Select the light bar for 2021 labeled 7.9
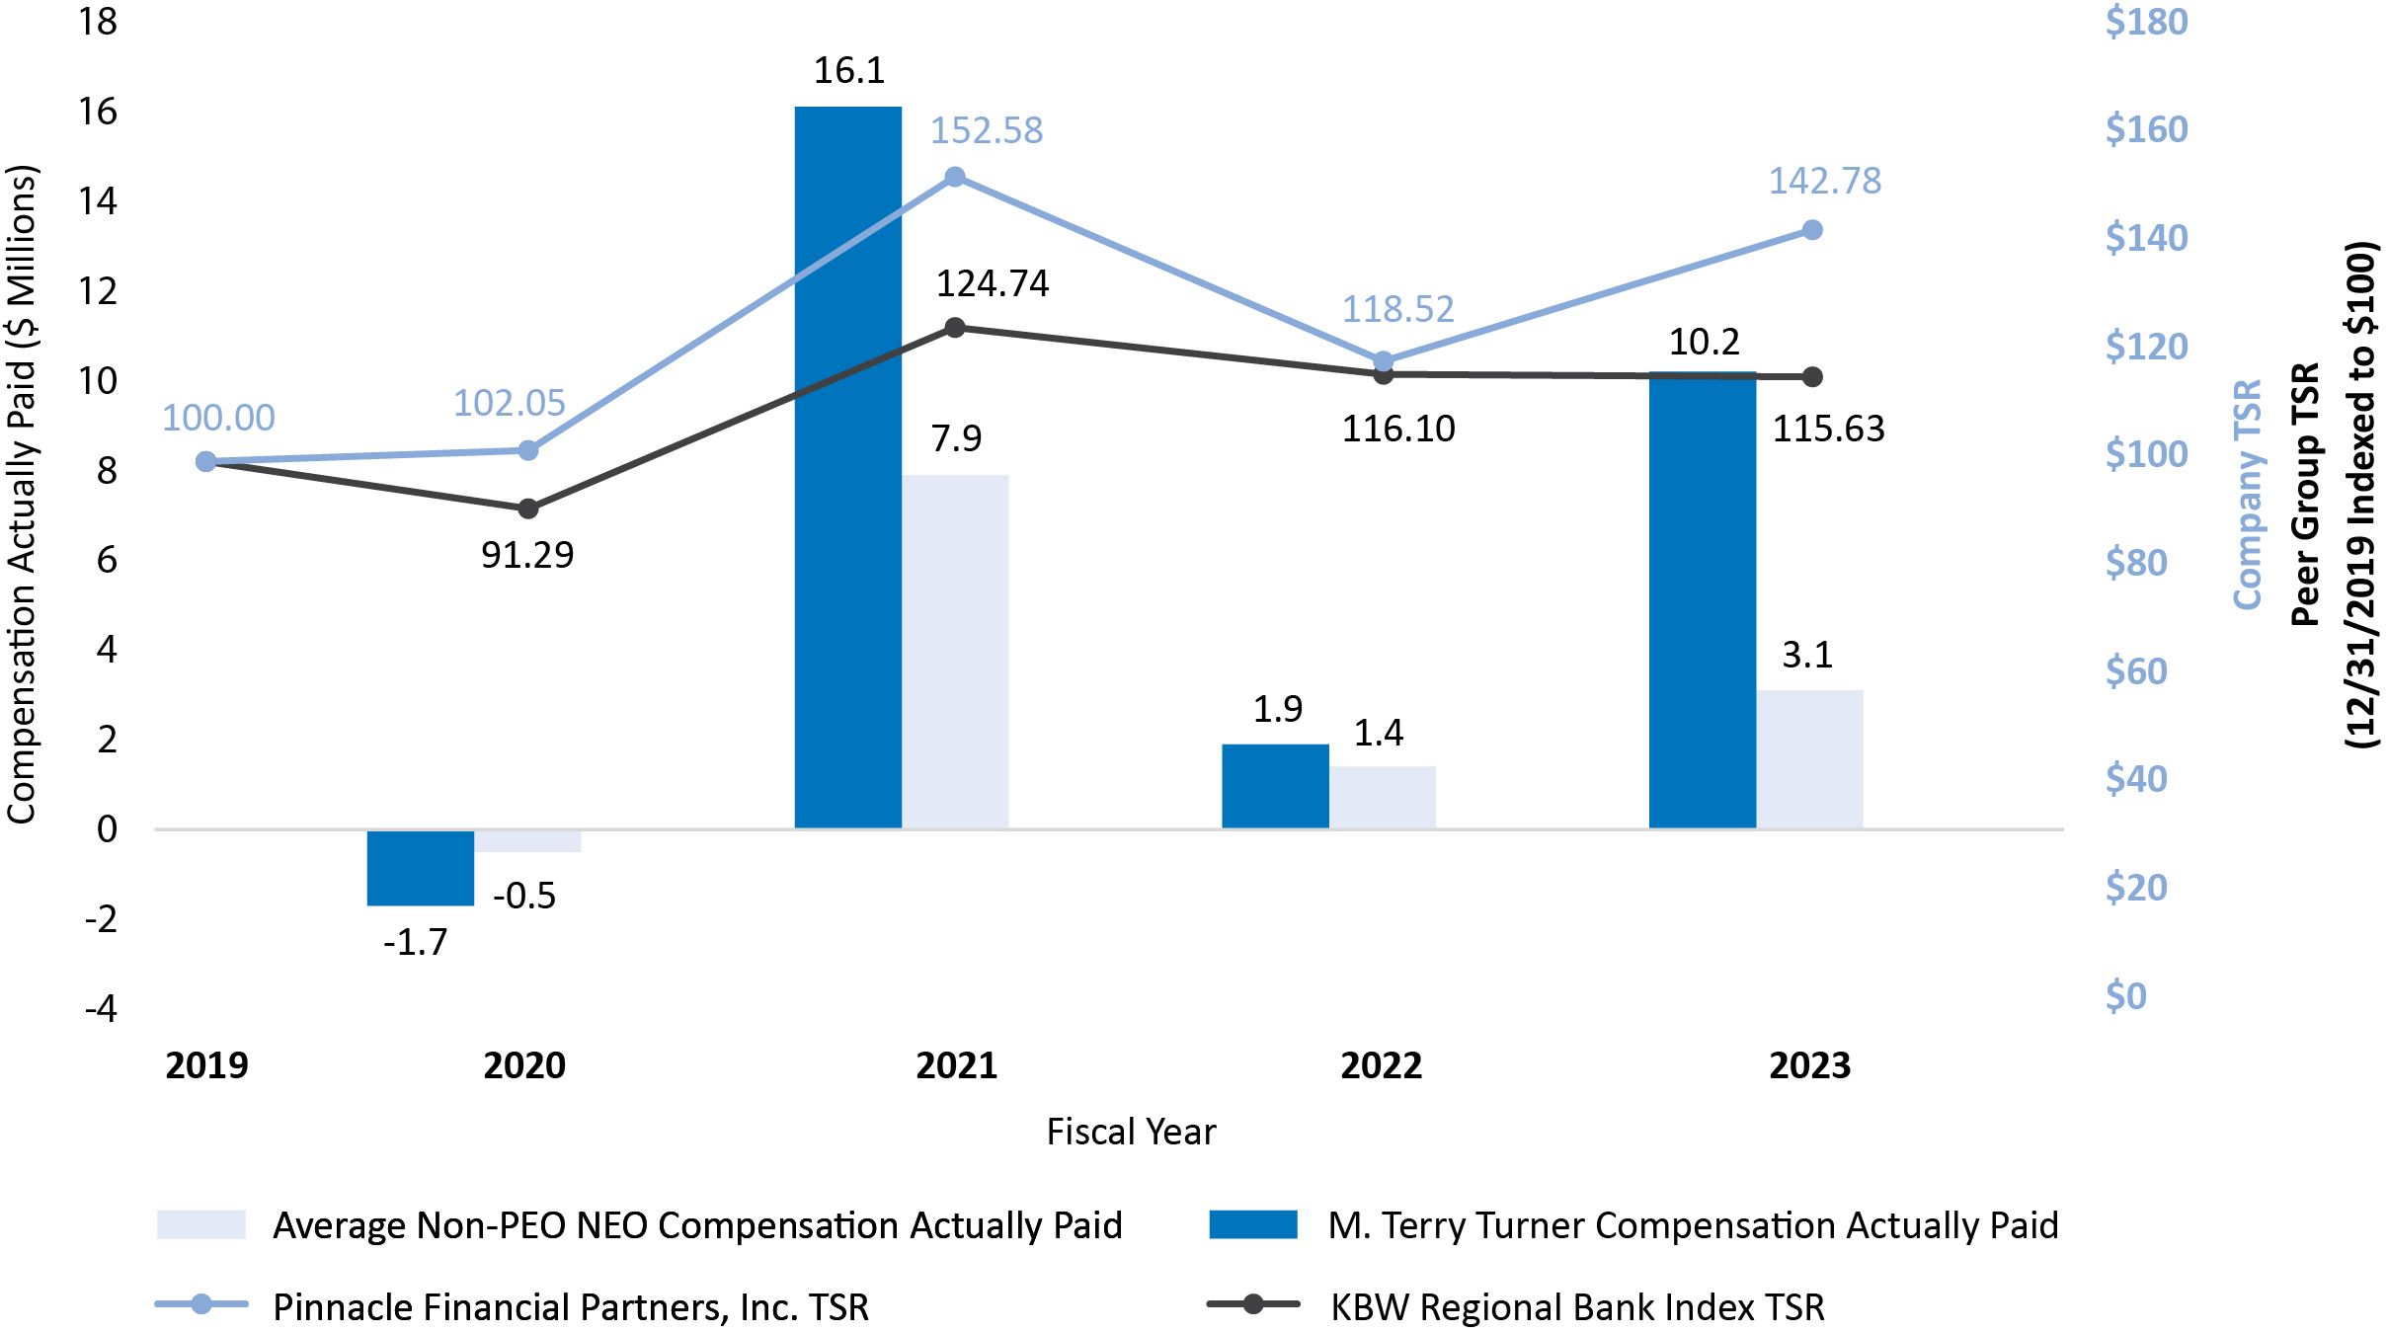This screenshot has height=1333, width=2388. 955,652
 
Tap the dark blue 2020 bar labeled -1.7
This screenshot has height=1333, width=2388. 420,867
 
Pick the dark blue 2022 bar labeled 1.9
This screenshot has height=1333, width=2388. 1274,786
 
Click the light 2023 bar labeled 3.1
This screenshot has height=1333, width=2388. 1809,758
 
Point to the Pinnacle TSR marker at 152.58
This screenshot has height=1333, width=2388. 955,178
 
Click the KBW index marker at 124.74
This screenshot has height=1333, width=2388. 955,328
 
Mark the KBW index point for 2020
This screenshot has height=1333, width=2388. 528,509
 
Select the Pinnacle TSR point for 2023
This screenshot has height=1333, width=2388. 1812,230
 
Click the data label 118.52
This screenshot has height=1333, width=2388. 1397,310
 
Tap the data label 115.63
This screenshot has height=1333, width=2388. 1828,430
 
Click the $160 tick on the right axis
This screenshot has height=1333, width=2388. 2146,129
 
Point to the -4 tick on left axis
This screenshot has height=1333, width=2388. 101,1009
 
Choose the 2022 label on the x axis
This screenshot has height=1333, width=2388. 1381,1066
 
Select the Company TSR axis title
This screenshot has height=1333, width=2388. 2247,494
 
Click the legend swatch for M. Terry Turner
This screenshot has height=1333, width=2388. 1252,1224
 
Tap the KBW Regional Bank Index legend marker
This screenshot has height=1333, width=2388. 1252,1305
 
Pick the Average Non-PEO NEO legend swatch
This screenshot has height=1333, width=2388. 200,1224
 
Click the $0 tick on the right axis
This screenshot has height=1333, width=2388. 2125,996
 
